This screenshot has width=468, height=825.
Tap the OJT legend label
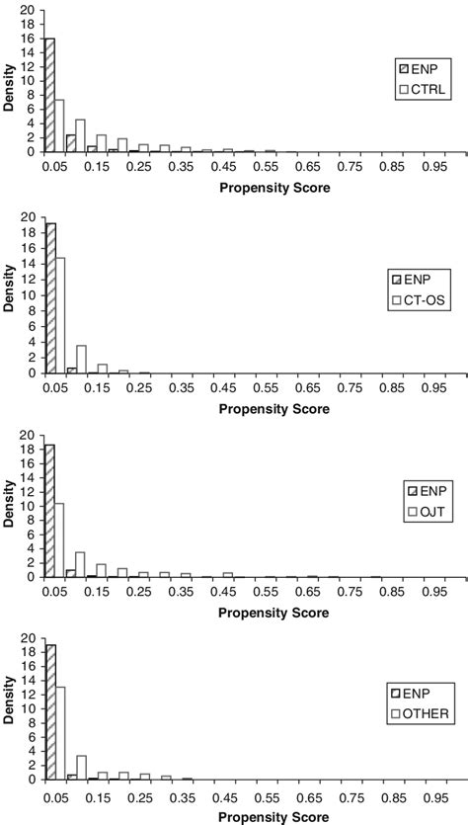tap(430, 512)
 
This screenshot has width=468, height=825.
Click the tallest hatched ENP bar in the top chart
tap(49, 95)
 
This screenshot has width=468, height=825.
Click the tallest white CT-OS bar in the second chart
tap(59, 315)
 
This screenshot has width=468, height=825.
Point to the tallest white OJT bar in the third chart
tap(59, 539)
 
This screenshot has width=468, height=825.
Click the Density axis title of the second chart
tap(10, 294)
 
